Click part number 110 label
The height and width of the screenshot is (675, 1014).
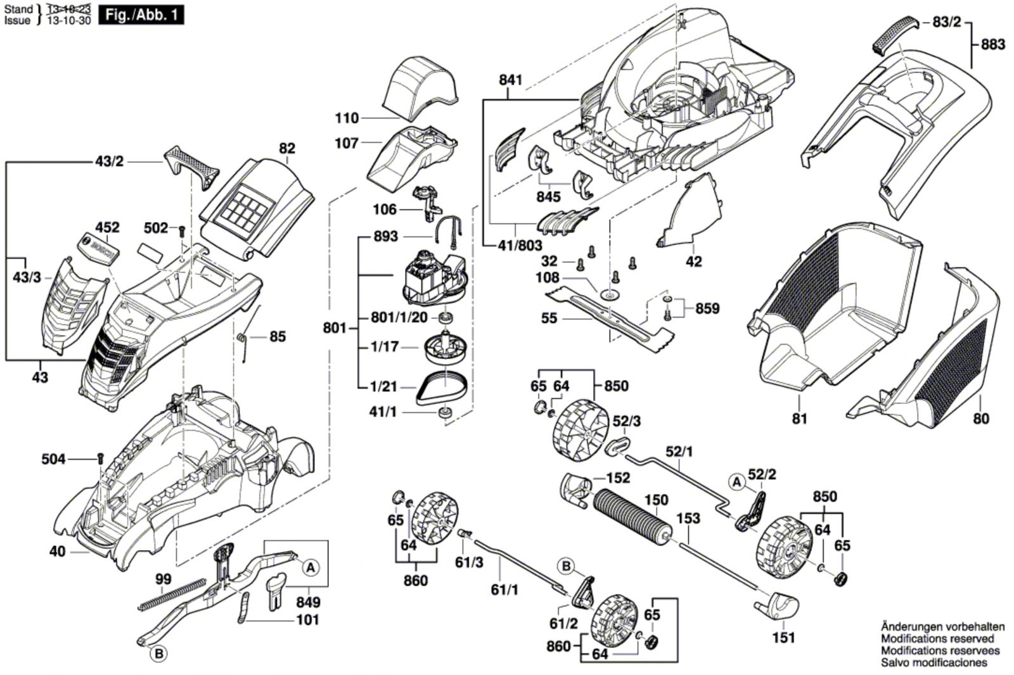pos(347,118)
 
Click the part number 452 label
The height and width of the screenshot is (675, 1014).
pos(107,227)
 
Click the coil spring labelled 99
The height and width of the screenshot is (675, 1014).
pos(171,596)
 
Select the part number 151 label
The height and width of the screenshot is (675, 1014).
pos(783,638)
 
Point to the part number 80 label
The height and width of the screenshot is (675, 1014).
pos(980,419)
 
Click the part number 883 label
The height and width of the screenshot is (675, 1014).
pos(992,44)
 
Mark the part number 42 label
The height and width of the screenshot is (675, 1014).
pos(694,262)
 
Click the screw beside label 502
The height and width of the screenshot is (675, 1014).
pos(181,231)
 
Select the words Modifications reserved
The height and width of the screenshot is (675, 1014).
pos(937,639)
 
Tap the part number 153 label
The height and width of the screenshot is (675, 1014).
pos(688,519)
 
